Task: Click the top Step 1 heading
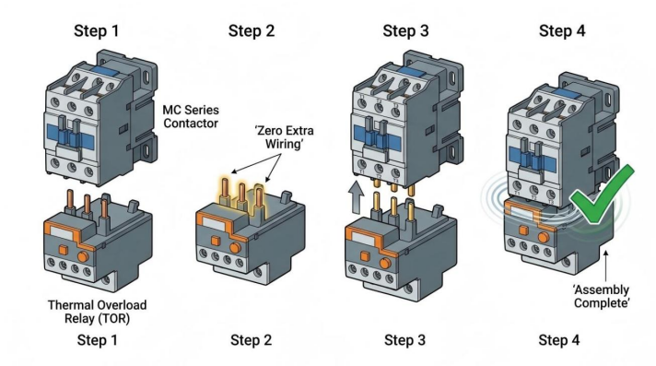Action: (x=96, y=31)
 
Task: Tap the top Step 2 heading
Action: (x=251, y=31)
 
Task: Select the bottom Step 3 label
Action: (x=404, y=340)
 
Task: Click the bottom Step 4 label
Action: (x=559, y=340)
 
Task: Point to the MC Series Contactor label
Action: (x=191, y=117)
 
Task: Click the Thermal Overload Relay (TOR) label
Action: (x=97, y=312)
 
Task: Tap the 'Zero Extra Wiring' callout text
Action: (x=284, y=137)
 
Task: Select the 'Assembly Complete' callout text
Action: (x=602, y=297)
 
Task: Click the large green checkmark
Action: (x=603, y=195)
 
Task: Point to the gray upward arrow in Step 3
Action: (x=356, y=197)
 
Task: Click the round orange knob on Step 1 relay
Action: (x=83, y=256)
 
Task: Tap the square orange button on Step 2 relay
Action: (x=216, y=241)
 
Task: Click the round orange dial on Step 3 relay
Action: (x=385, y=264)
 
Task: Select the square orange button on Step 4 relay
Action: (x=523, y=230)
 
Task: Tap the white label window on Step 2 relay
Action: (x=216, y=224)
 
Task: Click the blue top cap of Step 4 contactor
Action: (x=567, y=93)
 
